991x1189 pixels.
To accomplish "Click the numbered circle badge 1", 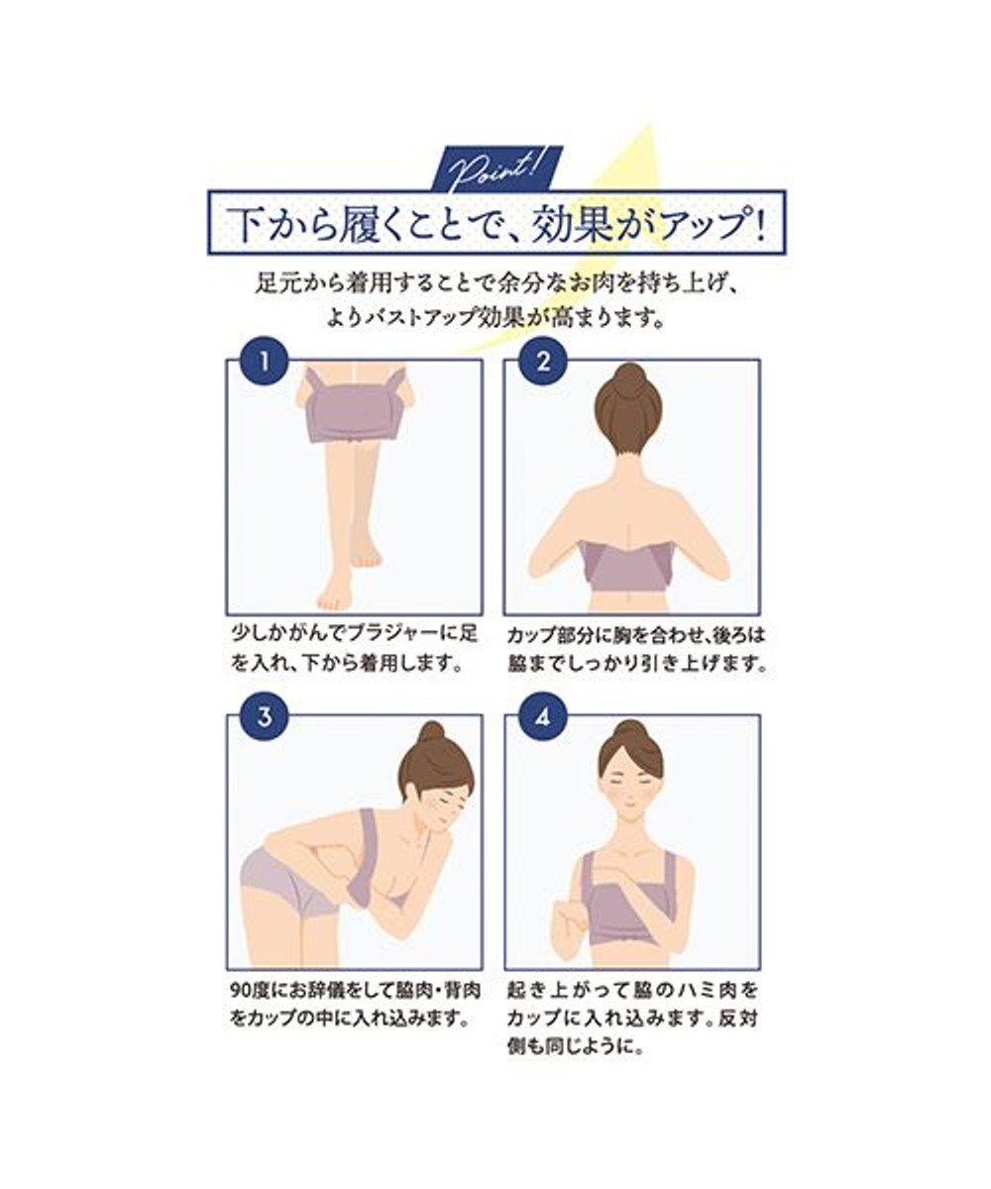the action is pos(265,361).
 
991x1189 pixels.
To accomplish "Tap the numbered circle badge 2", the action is pos(543,361).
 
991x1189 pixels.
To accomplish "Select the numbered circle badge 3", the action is pos(265,716).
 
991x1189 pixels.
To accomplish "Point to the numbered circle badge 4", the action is pos(543,716).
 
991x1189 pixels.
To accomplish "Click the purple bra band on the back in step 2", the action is pos(626,566).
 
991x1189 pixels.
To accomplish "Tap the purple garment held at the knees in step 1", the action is pos(354,405).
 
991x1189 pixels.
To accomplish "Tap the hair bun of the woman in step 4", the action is pos(631,730).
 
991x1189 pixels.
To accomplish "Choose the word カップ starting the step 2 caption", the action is pos(530,634).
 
